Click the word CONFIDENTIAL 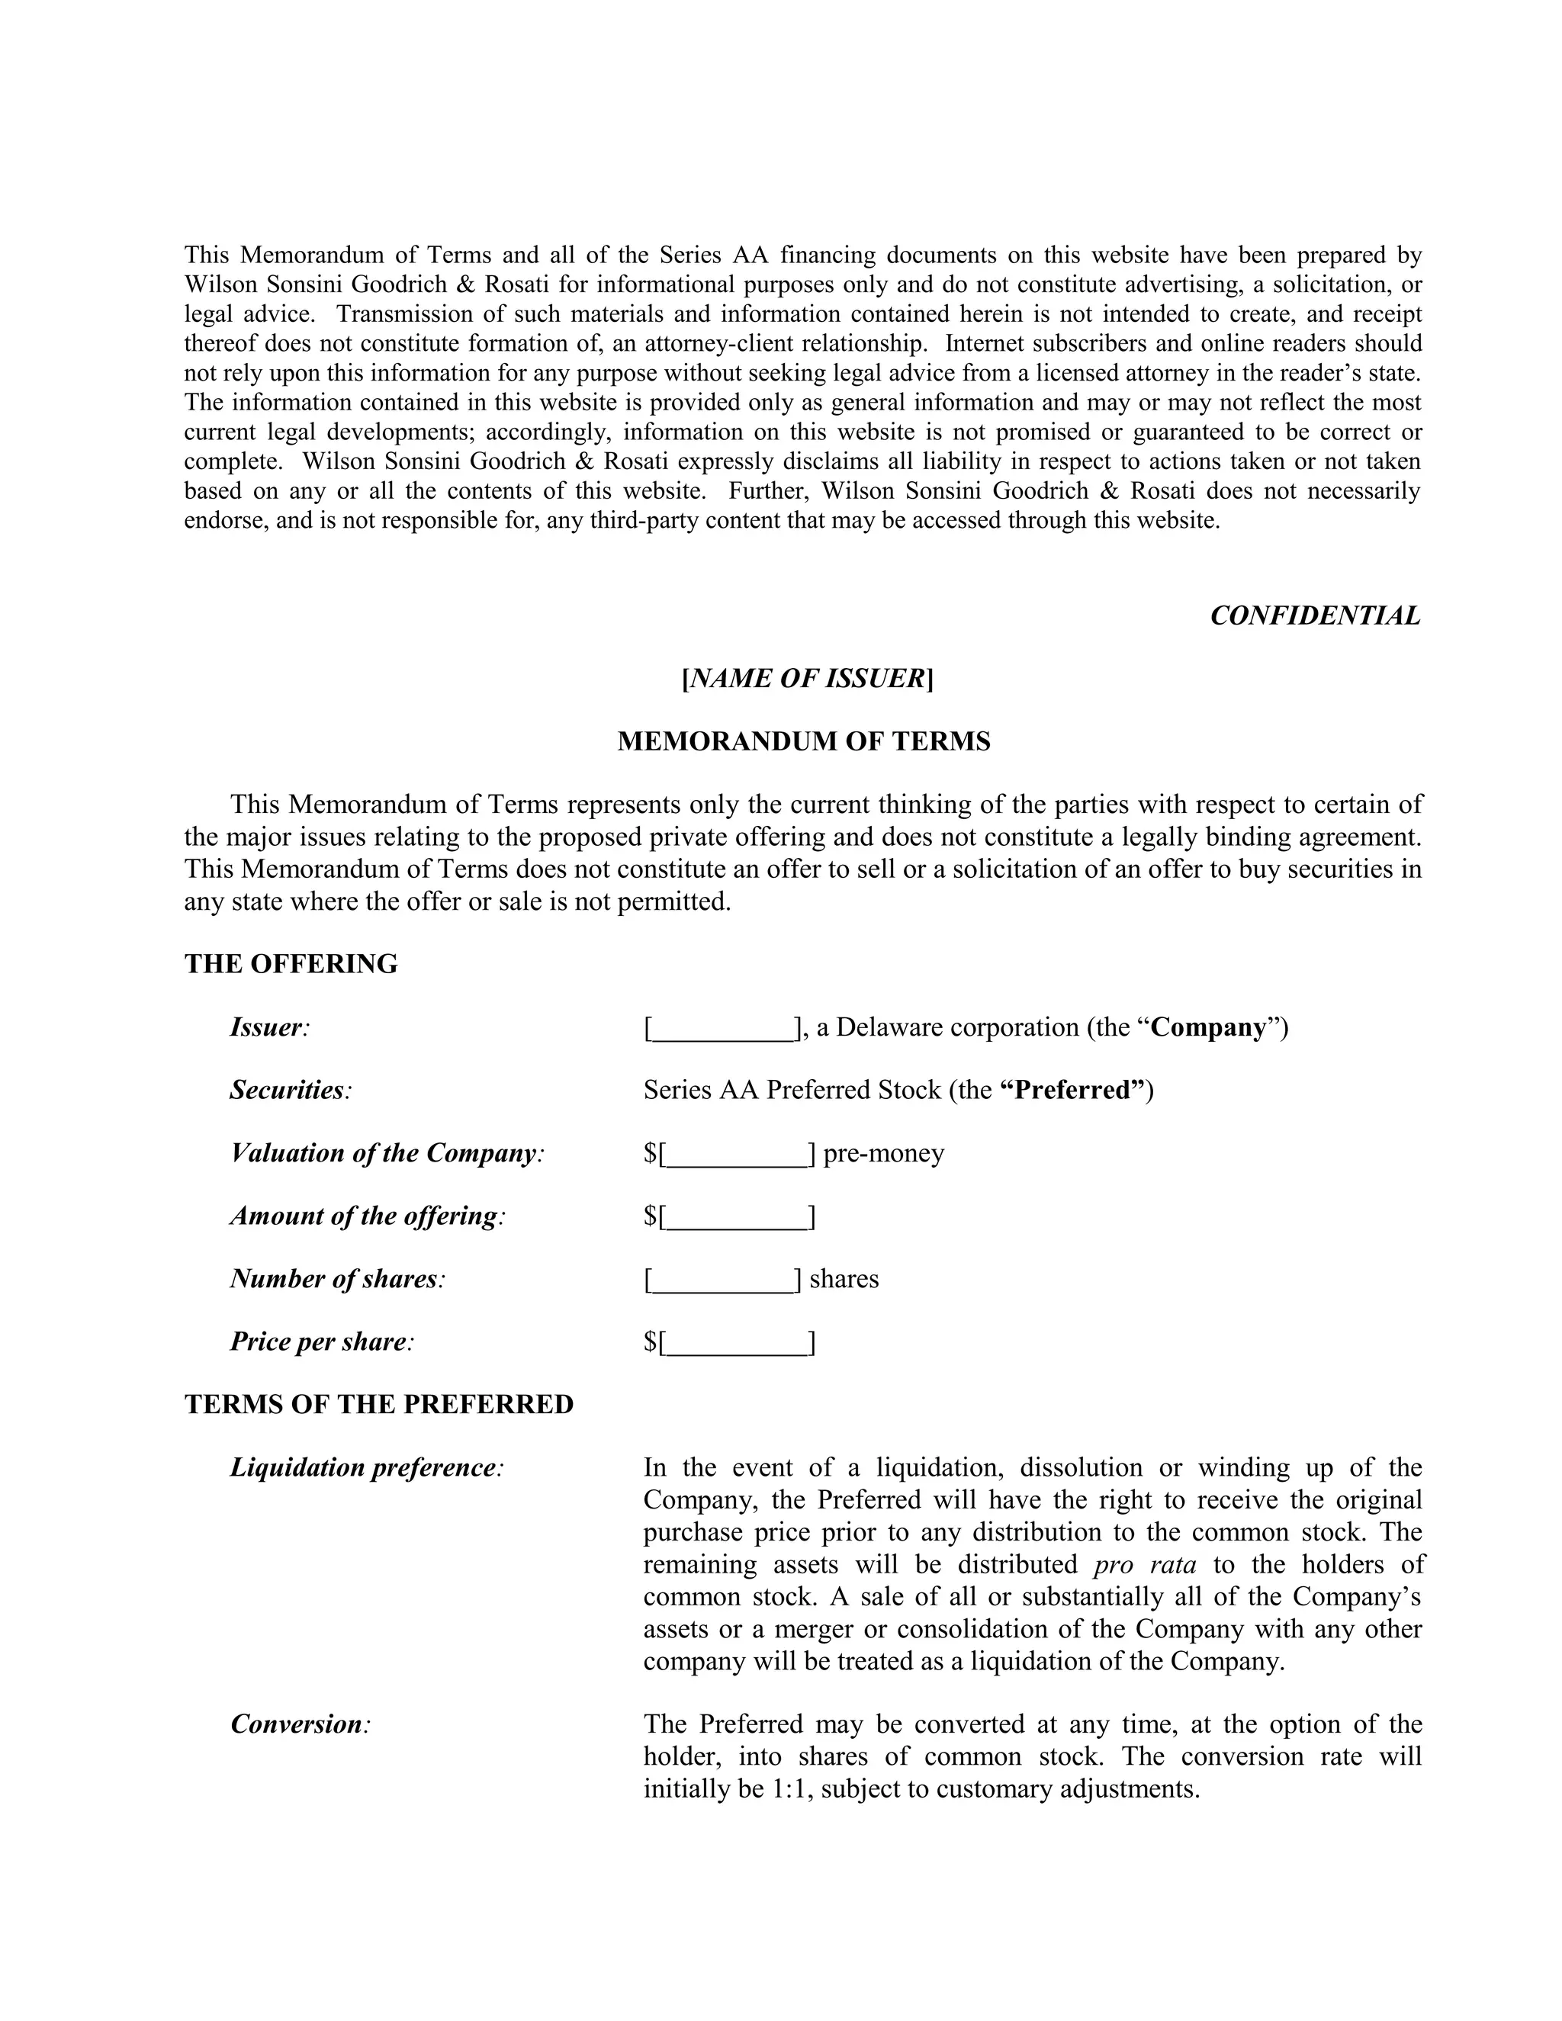1315,615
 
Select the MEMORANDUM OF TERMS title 803,741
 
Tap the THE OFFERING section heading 291,963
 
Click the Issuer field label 269,1027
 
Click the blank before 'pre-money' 738,1155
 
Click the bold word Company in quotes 1207,1027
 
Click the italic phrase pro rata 1145,1564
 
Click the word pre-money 884,1153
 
